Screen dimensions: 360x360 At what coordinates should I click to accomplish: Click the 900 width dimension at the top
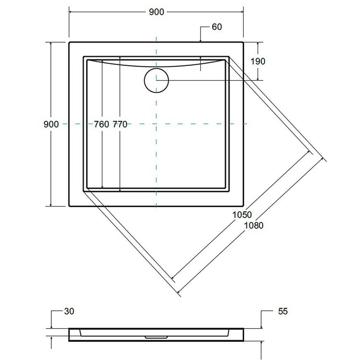pos(156,12)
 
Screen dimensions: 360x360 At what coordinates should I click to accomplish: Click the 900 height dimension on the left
pos(51,124)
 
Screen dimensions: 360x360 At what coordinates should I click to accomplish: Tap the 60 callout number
pos(217,27)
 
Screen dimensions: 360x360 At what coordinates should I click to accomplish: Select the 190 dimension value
pos(258,61)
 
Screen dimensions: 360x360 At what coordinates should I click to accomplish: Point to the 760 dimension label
pos(101,125)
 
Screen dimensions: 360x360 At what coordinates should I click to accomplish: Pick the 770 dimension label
pos(120,125)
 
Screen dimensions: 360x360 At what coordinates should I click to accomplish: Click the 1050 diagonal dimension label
pos(242,215)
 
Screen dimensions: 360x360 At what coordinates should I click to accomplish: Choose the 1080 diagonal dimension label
pos(254,226)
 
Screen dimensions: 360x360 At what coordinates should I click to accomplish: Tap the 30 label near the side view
pos(69,311)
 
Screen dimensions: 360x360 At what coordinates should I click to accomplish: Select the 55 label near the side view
pos(283,311)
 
